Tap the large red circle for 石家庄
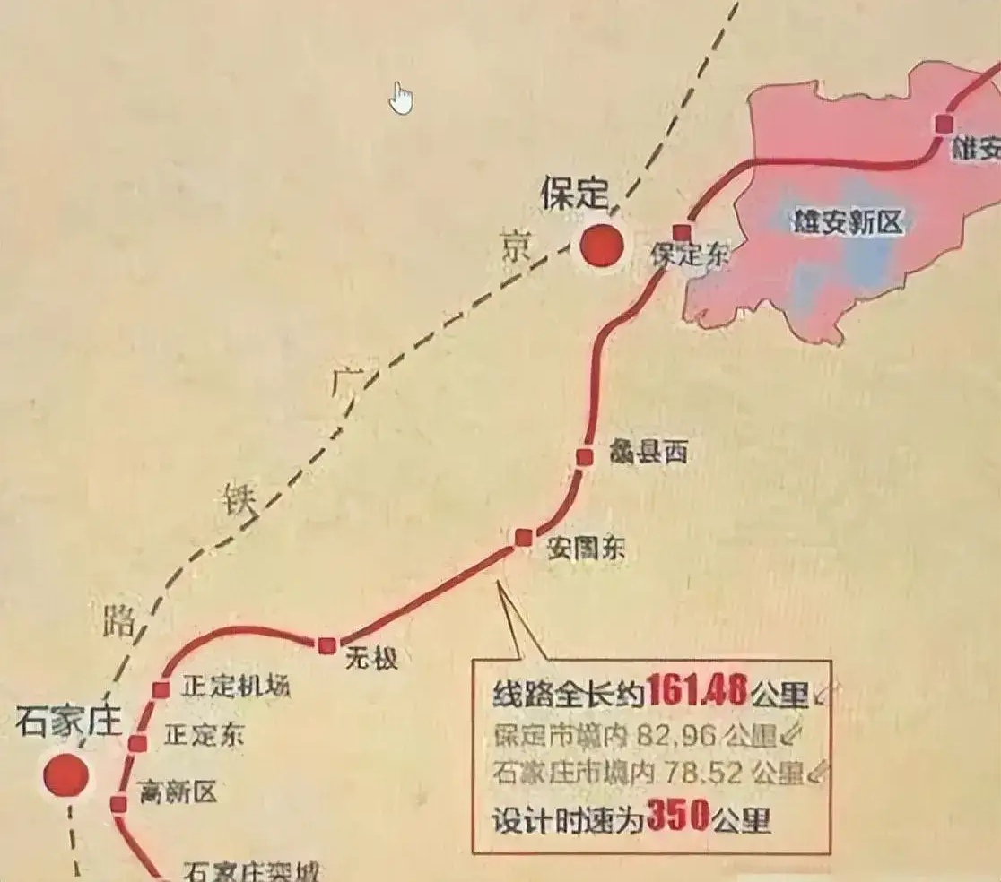click(66, 775)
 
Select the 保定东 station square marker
click(682, 233)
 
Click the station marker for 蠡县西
click(585, 457)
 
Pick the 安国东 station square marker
click(524, 537)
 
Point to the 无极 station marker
click(326, 644)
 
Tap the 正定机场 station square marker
click(161, 689)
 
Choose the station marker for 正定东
click(138, 743)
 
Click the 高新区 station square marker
click(118, 804)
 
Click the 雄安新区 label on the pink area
click(848, 222)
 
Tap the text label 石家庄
click(68, 722)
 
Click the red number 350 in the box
click(677, 817)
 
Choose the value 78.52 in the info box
click(702, 774)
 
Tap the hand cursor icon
click(401, 99)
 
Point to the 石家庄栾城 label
click(251, 871)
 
